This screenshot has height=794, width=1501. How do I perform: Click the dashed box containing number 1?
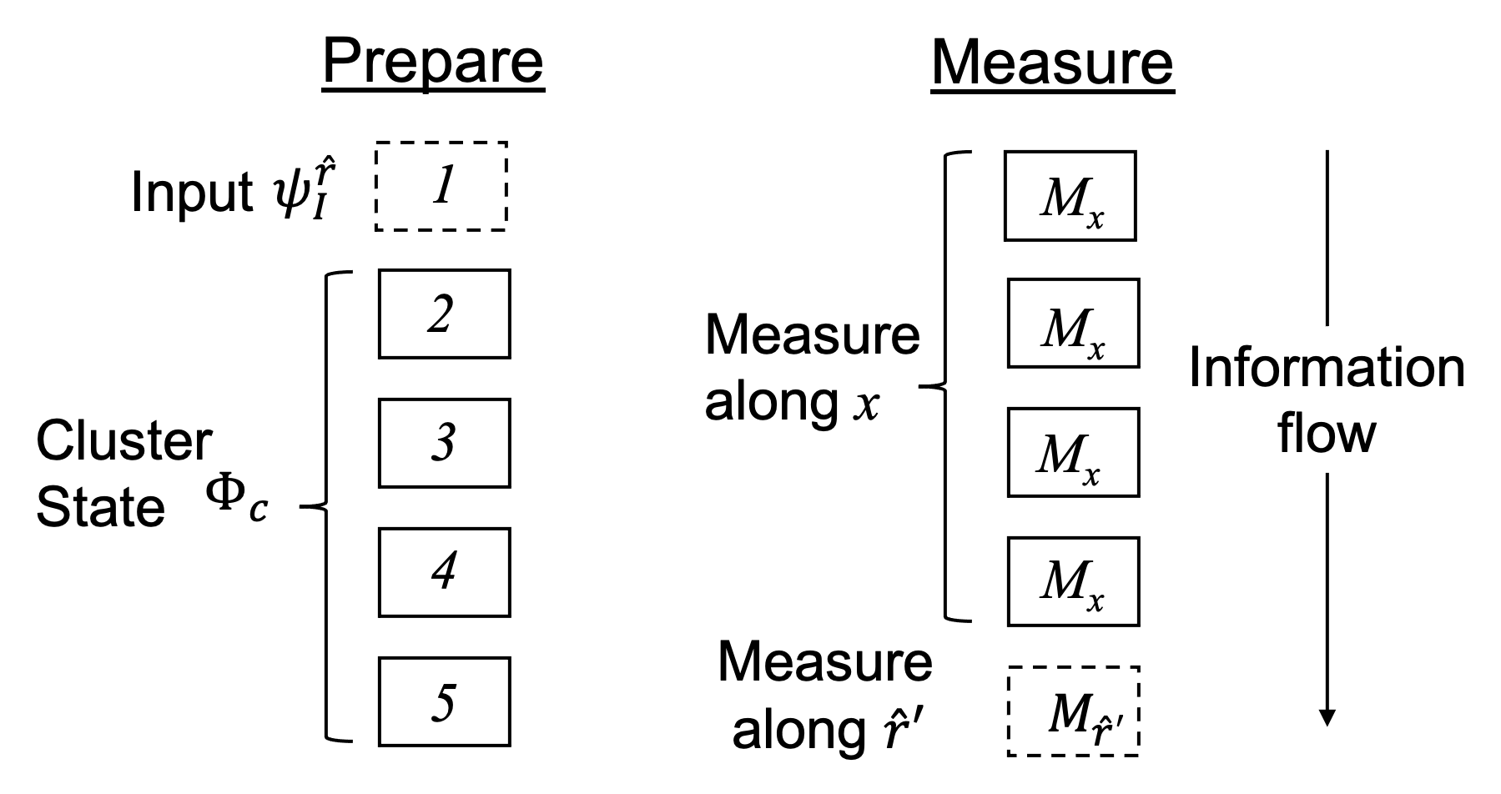pos(441,186)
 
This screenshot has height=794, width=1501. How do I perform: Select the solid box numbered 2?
pos(444,314)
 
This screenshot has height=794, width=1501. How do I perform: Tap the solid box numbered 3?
pos(444,443)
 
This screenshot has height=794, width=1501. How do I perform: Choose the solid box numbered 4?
pos(444,572)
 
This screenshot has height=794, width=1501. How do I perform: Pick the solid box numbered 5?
pos(444,701)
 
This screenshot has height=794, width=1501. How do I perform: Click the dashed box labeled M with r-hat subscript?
pos(1073,711)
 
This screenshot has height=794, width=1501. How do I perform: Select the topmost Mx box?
pos(1070,196)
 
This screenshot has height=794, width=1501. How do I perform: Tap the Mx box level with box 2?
pos(1073,323)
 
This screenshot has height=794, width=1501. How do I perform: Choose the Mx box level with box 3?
pos(1073,452)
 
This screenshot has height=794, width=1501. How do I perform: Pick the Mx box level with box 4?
pos(1073,581)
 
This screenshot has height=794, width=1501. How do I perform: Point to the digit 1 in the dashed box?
pos(444,184)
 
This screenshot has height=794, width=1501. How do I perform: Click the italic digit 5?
pos(444,701)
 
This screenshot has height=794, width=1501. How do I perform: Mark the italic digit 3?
pos(444,443)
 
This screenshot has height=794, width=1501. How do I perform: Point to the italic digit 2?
pos(441,314)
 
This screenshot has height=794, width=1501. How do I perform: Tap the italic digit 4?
pos(444,571)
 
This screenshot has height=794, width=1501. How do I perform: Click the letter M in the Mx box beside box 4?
pos(1062,578)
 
